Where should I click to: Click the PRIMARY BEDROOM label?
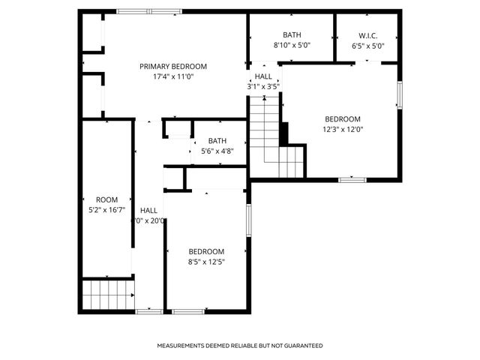tap(173, 66)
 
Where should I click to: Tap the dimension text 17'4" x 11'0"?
tap(173, 76)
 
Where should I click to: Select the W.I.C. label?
tap(367, 35)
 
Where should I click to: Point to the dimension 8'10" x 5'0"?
tap(292, 45)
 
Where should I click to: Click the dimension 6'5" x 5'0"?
tap(367, 45)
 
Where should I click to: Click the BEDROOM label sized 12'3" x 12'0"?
tap(343, 118)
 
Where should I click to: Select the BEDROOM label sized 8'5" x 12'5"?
tap(206, 251)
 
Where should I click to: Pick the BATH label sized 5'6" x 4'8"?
tap(217, 140)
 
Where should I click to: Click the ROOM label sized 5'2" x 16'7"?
tap(107, 199)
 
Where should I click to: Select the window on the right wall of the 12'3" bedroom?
tap(400, 94)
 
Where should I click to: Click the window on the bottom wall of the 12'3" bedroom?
tap(352, 179)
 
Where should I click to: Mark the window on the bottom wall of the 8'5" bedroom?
tap(188, 311)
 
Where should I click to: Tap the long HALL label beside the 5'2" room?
tap(148, 211)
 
